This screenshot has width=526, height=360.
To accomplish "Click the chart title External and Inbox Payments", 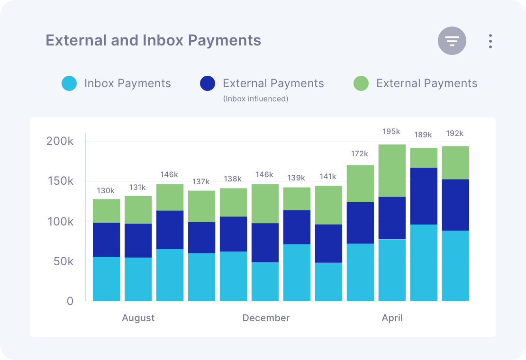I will [x=153, y=40].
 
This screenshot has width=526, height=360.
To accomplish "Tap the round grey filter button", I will [x=452, y=41].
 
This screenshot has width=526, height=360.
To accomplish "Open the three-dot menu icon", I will [x=490, y=41].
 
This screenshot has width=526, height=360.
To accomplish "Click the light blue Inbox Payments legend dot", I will [x=69, y=84].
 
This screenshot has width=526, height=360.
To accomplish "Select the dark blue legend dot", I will [x=208, y=84].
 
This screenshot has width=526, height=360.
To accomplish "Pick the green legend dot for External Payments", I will [x=361, y=84].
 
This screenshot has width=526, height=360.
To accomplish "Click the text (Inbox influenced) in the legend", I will [x=255, y=99].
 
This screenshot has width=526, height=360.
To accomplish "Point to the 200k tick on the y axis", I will [x=60, y=141].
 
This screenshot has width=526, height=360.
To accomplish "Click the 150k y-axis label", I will [x=60, y=181].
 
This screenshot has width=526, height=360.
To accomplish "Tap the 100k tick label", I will [x=60, y=222].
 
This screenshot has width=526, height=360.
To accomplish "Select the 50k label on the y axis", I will [x=63, y=261].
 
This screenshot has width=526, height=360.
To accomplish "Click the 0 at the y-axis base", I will [x=70, y=301].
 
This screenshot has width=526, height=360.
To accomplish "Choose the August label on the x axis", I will [x=138, y=318].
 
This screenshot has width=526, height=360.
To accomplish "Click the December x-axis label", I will [x=266, y=318].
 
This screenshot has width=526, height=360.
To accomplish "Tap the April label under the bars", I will [x=392, y=318].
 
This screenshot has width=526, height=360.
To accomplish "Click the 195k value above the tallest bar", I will [x=391, y=131].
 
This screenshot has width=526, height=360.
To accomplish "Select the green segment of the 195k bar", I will [x=392, y=171].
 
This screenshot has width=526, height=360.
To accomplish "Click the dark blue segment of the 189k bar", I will [x=424, y=196].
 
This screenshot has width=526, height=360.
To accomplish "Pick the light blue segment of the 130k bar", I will [x=106, y=279].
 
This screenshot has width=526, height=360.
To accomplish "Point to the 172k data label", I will [x=360, y=153].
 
